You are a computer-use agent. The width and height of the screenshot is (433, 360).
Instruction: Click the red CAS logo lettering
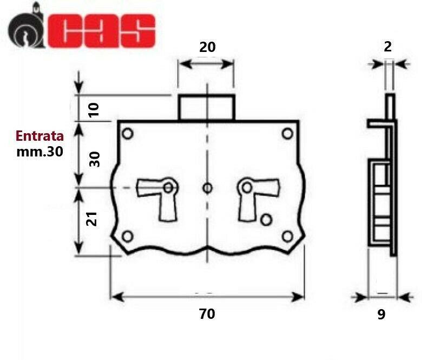click(102, 31)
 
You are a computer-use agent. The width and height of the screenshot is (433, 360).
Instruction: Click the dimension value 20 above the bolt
click(207, 47)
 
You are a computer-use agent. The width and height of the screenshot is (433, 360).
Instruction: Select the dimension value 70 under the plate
click(207, 314)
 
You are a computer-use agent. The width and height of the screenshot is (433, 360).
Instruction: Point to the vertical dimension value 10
click(94, 110)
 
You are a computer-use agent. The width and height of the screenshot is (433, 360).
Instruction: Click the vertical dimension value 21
click(92, 219)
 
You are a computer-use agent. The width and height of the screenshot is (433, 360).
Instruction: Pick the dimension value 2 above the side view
click(388, 47)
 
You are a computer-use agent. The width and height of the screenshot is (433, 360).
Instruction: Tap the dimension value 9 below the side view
click(382, 315)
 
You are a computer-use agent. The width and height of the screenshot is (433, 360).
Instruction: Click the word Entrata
click(40, 136)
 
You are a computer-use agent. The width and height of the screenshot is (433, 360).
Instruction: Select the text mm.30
click(40, 152)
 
